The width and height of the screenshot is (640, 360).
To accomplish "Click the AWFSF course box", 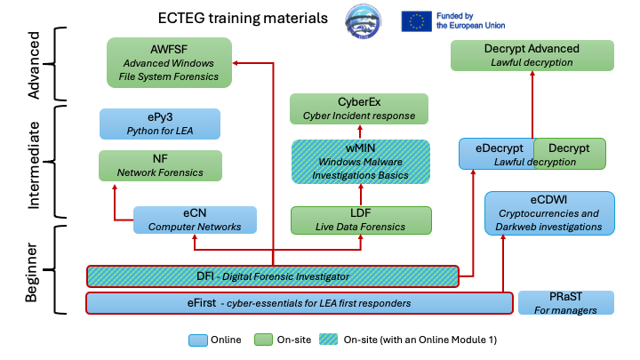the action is (x=169, y=62).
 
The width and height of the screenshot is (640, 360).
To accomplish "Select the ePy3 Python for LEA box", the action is (x=160, y=124).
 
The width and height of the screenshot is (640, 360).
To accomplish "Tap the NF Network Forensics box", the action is (x=160, y=165).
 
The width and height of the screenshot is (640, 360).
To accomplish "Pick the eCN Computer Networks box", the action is (x=195, y=220).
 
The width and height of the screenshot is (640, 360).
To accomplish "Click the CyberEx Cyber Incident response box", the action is (x=359, y=108).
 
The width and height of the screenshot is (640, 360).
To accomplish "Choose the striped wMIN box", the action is (x=361, y=162).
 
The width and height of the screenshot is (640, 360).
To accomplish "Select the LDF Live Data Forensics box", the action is (x=361, y=220).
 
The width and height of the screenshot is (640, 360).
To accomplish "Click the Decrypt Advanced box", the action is (x=532, y=55).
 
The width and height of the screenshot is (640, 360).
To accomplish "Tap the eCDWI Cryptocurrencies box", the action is (x=549, y=213).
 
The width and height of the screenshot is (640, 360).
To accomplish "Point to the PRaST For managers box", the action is (x=565, y=302).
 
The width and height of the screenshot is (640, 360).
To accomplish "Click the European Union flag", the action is (x=416, y=21).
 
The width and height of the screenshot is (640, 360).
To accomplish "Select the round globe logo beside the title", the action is (x=363, y=21).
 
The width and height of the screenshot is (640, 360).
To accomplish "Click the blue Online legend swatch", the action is (x=198, y=340).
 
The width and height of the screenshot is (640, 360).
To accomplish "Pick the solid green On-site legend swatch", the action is (x=263, y=340).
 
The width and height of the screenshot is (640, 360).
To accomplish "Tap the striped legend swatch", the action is (x=329, y=340).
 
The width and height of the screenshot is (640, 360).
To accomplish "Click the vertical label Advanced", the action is (x=34, y=65).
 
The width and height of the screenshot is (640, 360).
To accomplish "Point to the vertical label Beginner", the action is (x=31, y=272).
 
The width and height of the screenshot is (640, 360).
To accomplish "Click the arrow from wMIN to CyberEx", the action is (x=360, y=132).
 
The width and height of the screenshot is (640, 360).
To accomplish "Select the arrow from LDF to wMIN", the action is (x=361, y=195).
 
